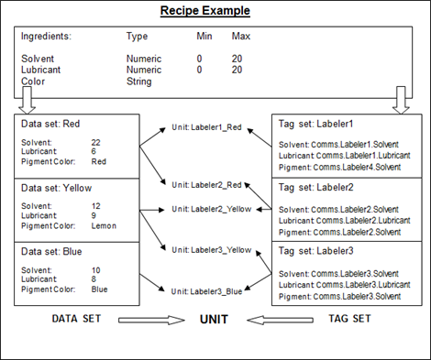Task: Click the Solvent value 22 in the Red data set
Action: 95,142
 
